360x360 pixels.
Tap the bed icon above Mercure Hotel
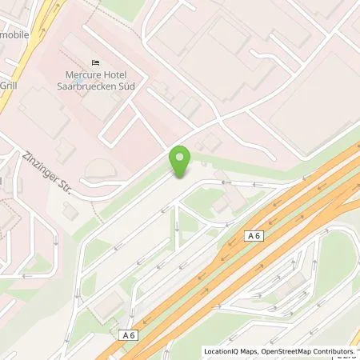pyautogui.click(x=95, y=64)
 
